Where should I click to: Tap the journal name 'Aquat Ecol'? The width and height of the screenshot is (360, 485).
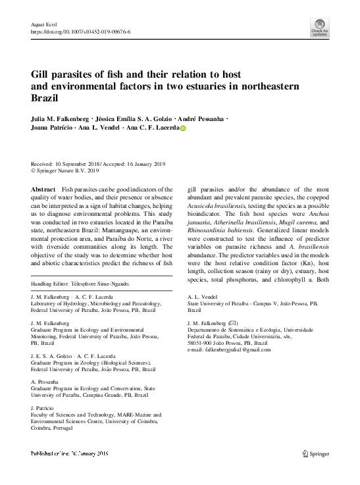43,23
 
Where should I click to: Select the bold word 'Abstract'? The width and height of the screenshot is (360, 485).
43,189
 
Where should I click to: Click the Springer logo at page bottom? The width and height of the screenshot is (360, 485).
317,453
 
